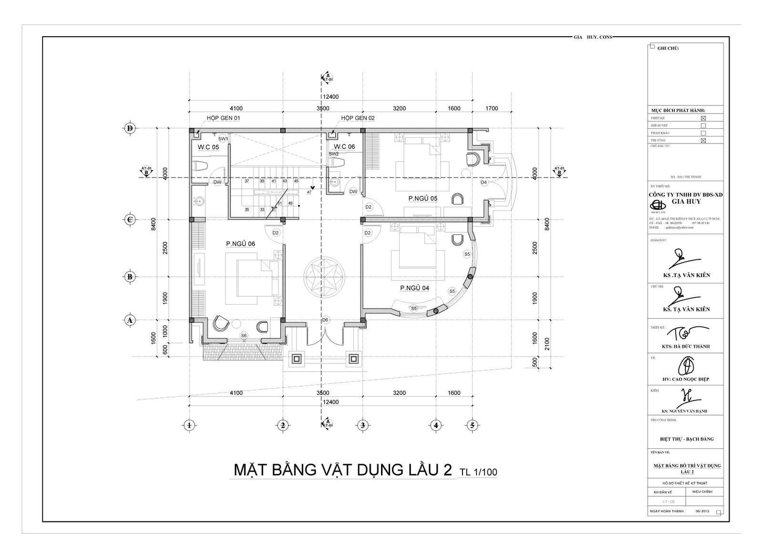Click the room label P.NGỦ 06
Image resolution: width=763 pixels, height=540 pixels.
point(240,244)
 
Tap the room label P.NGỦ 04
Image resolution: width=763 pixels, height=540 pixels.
point(414,288)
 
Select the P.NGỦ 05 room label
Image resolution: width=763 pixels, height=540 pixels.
point(423,198)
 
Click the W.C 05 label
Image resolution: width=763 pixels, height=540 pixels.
point(208,147)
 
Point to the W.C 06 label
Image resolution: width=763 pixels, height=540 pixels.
point(344,146)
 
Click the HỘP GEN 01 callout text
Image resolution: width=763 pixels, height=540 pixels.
point(223,118)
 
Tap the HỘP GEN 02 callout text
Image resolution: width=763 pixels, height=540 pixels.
point(358,118)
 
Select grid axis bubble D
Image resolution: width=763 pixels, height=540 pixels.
point(129,128)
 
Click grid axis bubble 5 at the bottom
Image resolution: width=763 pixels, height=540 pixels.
point(472,425)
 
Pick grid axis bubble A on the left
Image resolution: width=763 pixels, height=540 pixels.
point(129,320)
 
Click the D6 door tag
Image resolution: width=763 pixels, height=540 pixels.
point(325,320)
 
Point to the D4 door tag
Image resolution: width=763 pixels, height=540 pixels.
point(484,182)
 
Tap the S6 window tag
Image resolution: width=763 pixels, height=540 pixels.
point(244,335)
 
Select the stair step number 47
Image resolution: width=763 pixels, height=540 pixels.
point(309,192)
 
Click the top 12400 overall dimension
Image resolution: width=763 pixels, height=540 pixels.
point(330,97)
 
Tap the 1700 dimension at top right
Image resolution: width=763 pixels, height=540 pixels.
point(492,108)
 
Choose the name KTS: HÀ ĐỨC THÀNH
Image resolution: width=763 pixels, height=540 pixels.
point(686,346)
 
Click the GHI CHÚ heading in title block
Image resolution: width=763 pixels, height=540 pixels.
point(668,48)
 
